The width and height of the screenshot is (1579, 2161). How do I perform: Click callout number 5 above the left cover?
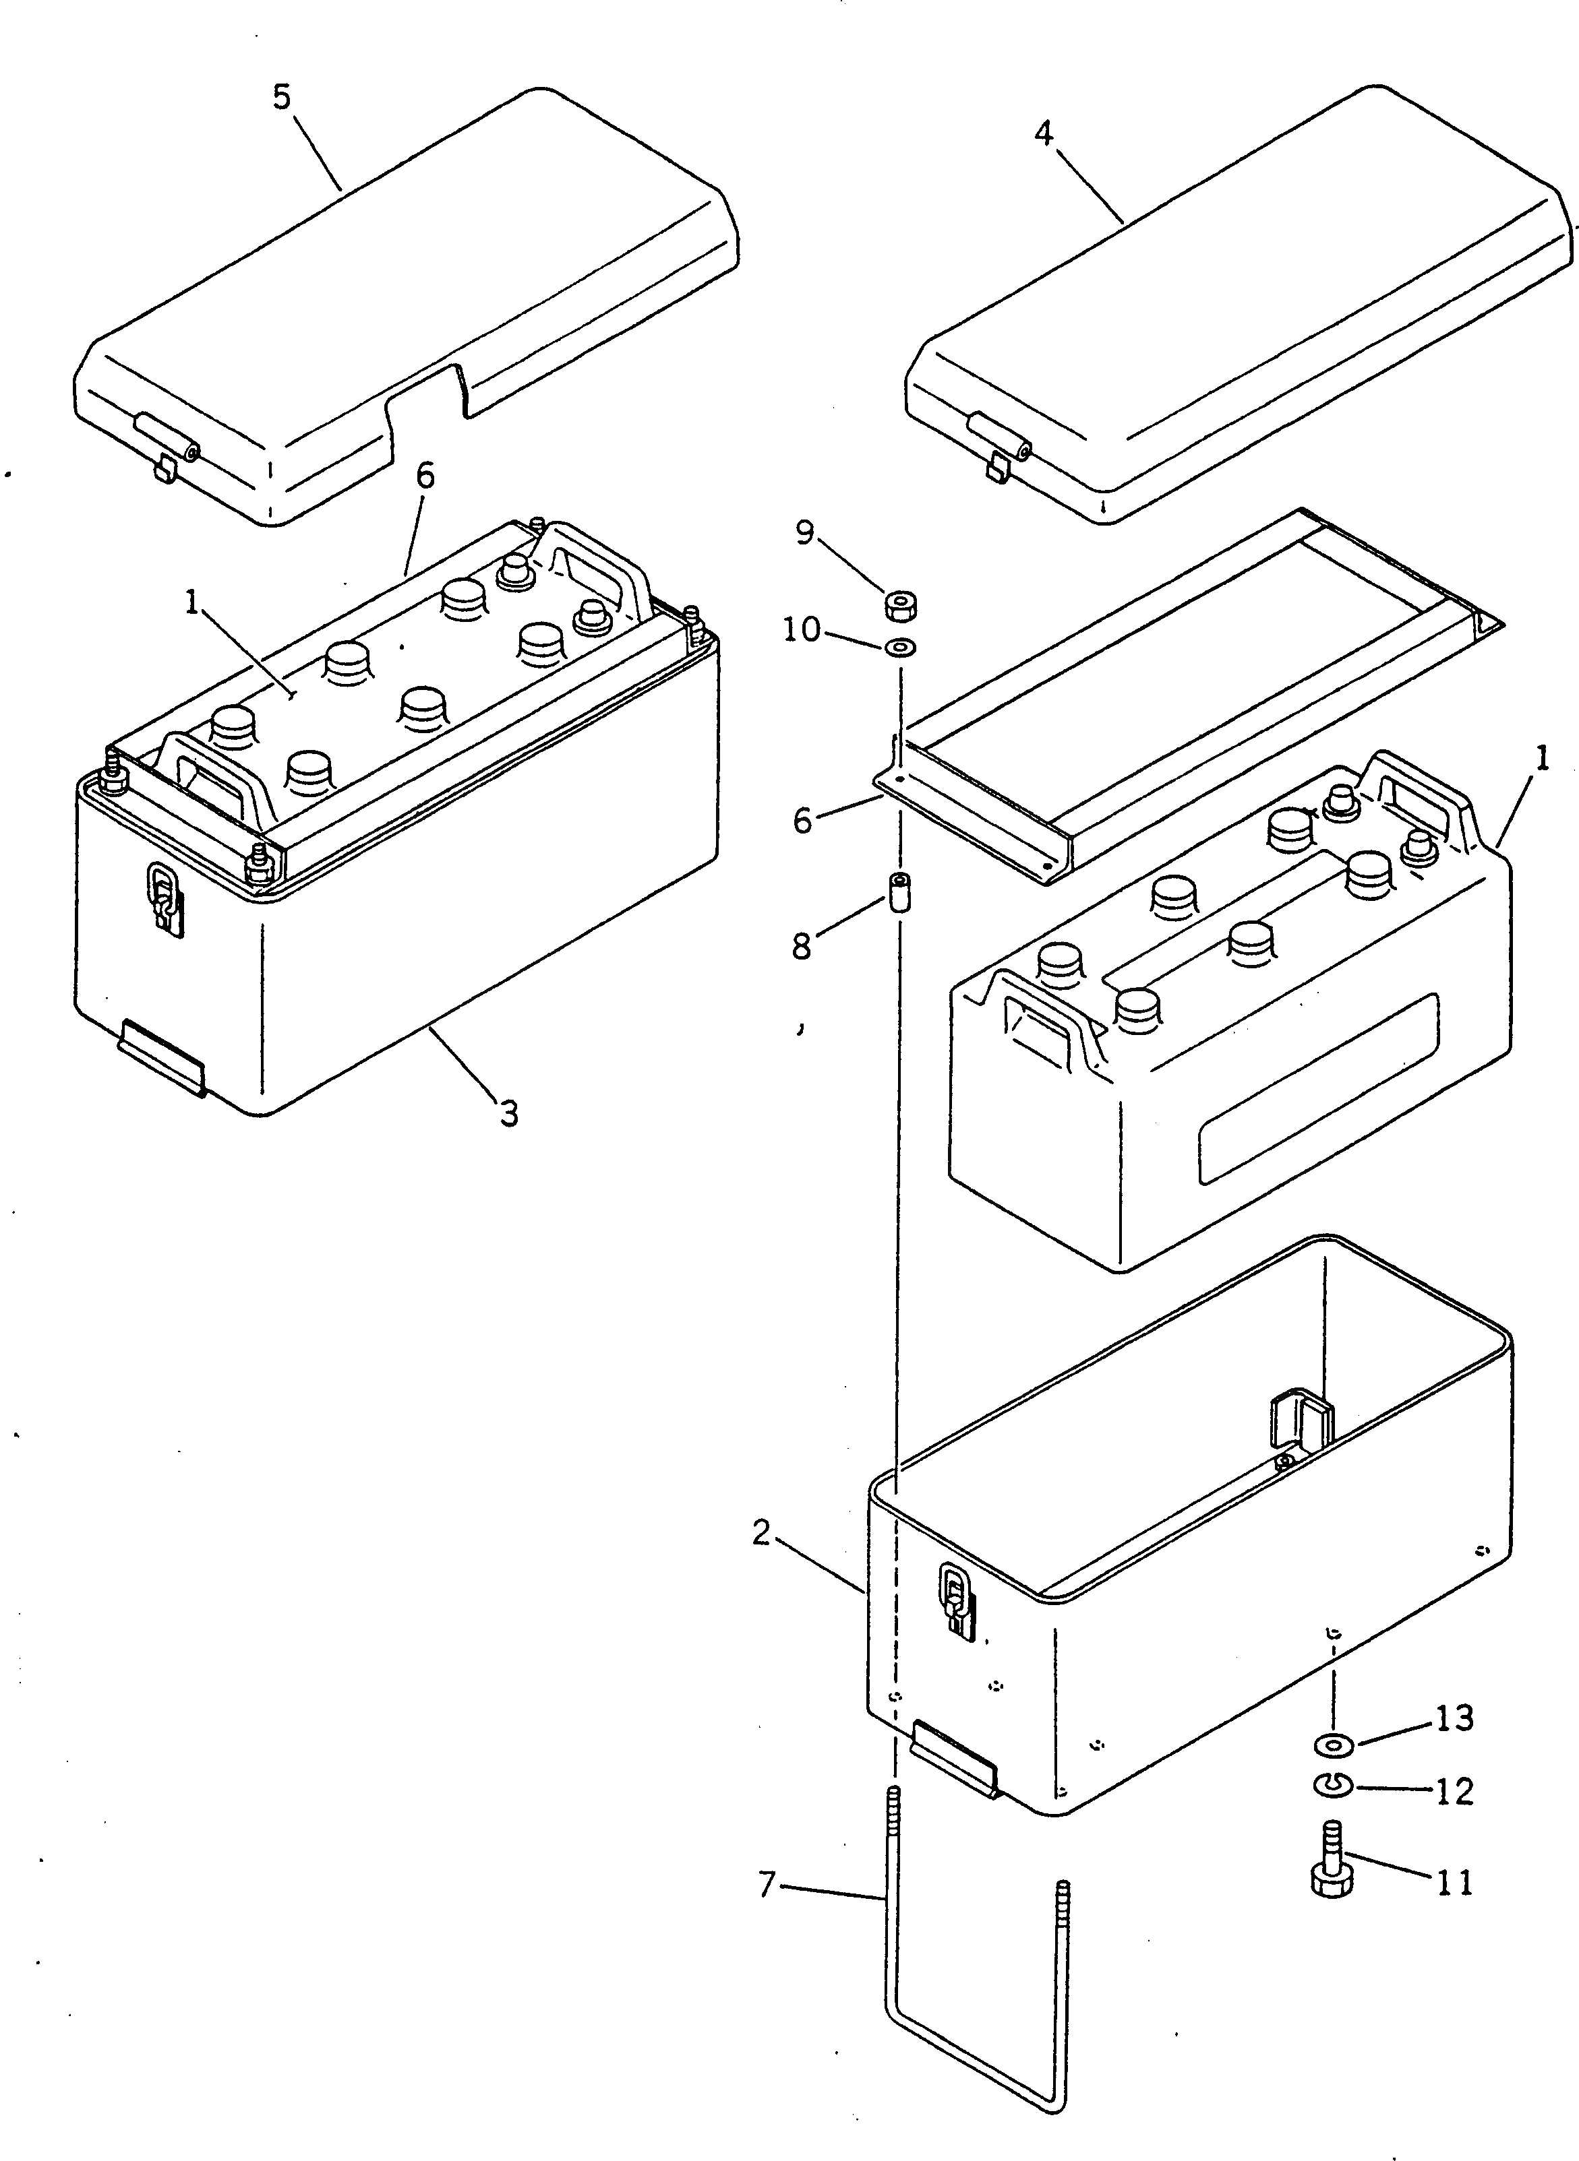click(x=281, y=98)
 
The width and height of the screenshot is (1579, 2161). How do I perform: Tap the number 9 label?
click(x=805, y=532)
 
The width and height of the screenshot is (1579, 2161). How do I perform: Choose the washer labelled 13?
click(x=1334, y=1745)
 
